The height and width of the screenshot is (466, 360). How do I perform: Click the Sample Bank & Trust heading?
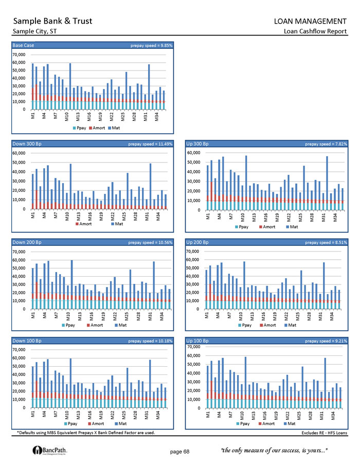[53, 21]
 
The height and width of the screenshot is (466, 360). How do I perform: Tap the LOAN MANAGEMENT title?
[310, 21]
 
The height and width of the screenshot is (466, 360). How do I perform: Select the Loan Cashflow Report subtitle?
[315, 32]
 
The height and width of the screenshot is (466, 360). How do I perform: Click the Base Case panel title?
[23, 45]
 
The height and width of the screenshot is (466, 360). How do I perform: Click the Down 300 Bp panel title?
[27, 144]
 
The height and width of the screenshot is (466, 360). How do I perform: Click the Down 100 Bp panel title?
[27, 340]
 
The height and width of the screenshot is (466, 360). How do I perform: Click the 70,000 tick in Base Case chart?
[19, 55]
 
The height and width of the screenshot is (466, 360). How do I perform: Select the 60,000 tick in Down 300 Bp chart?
[19, 153]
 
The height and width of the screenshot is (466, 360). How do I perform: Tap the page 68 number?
[179, 451]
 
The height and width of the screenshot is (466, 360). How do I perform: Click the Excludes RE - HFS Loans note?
[324, 433]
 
